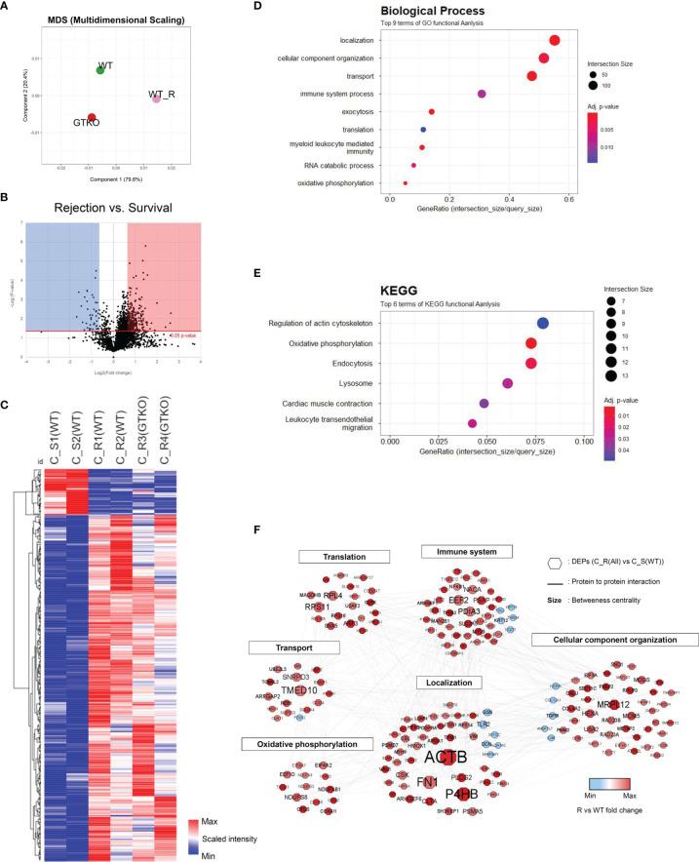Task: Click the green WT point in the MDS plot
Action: point(100,70)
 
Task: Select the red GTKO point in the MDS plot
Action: point(92,118)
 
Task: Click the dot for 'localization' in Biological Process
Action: point(554,40)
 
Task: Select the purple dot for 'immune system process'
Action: point(482,94)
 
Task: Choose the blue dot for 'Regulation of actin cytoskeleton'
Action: point(543,324)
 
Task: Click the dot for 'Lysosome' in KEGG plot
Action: point(507,383)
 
